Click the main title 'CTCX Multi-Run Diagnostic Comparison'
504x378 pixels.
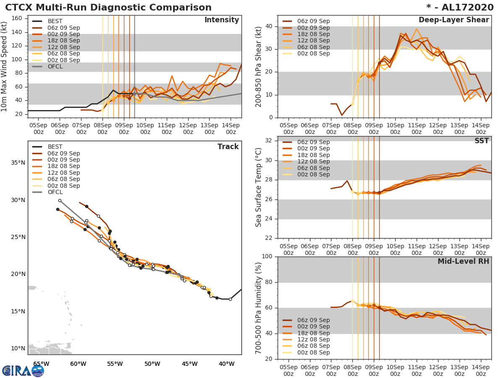108,8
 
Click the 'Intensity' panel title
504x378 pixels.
221,20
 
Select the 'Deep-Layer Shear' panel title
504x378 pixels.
454,20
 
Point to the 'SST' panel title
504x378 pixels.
481,141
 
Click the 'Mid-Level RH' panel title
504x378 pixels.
463,262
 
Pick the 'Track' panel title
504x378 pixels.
228,147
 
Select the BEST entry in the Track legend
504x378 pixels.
55,147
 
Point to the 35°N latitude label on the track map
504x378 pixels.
18,163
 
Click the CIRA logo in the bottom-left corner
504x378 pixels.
23,370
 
